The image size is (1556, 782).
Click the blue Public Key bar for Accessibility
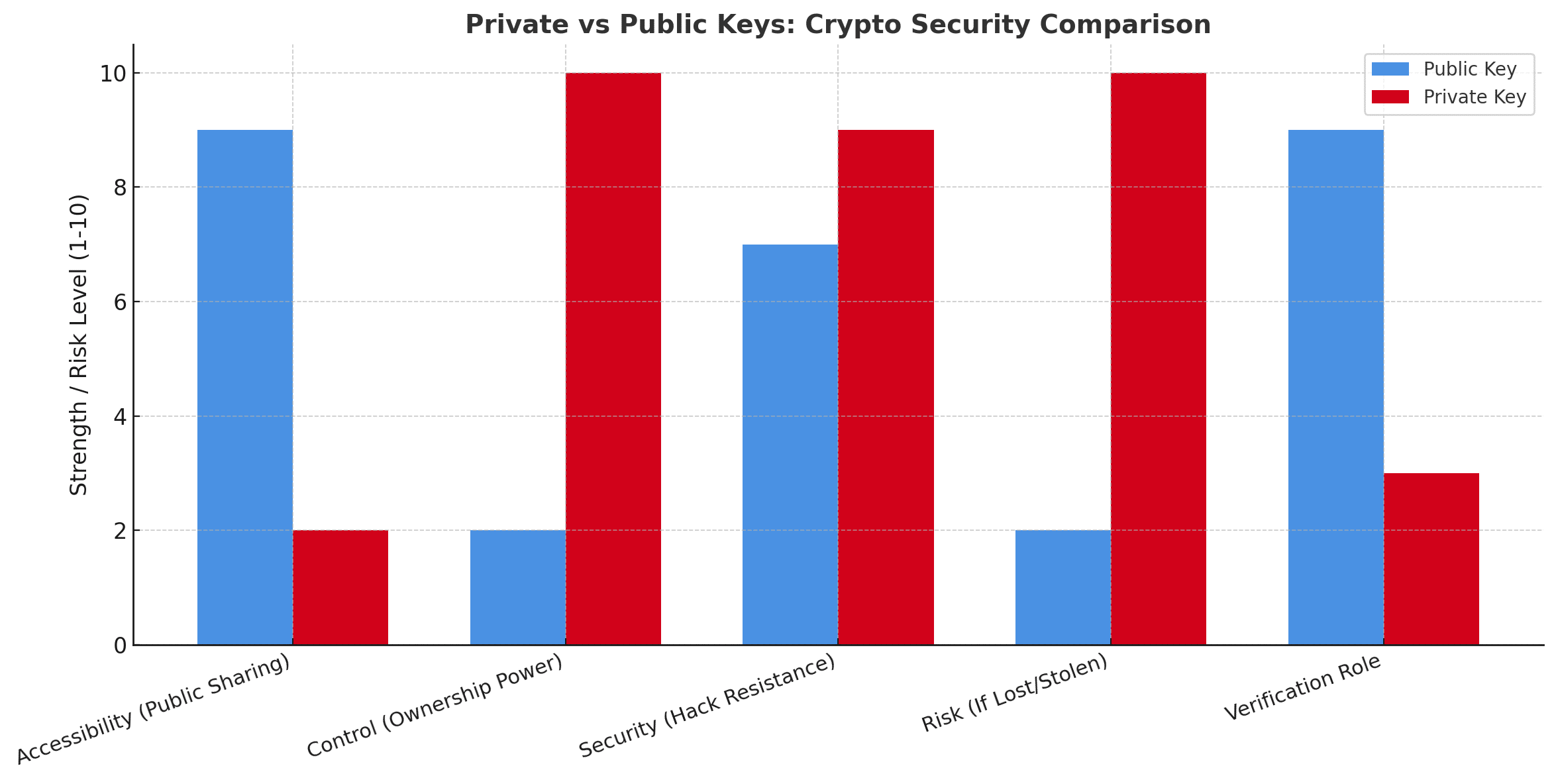[245, 388]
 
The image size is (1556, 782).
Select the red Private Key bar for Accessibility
[340, 587]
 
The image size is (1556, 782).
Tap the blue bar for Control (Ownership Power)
[517, 587]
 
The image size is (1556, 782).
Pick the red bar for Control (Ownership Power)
[613, 359]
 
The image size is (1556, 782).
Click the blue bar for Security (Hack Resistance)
[790, 445]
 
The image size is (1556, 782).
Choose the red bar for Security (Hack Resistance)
[886, 388]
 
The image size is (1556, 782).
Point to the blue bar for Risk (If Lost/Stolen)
[1063, 587]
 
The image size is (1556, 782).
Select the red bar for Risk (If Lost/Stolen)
[1159, 359]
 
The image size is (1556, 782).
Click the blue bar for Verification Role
[1335, 388]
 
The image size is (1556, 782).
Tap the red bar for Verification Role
[1431, 559]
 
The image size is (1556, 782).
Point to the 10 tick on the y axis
[113, 74]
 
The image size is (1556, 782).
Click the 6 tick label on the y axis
[120, 302]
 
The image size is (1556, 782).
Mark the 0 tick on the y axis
[120, 645]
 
